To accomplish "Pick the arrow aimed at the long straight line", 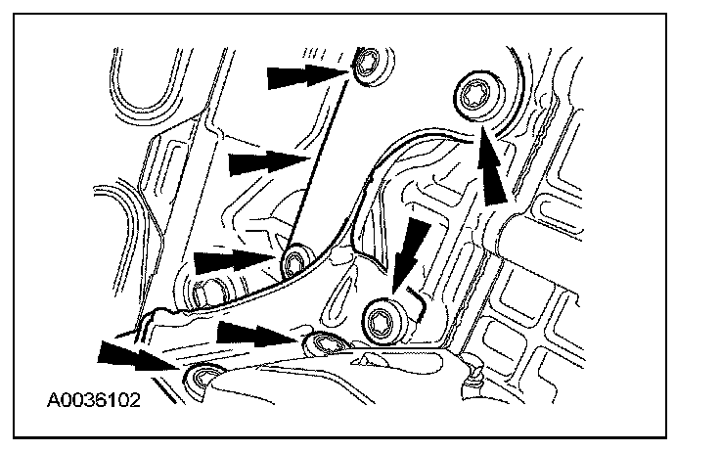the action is tap(264, 163).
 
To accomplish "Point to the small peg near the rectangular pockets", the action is tap(476, 371).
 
